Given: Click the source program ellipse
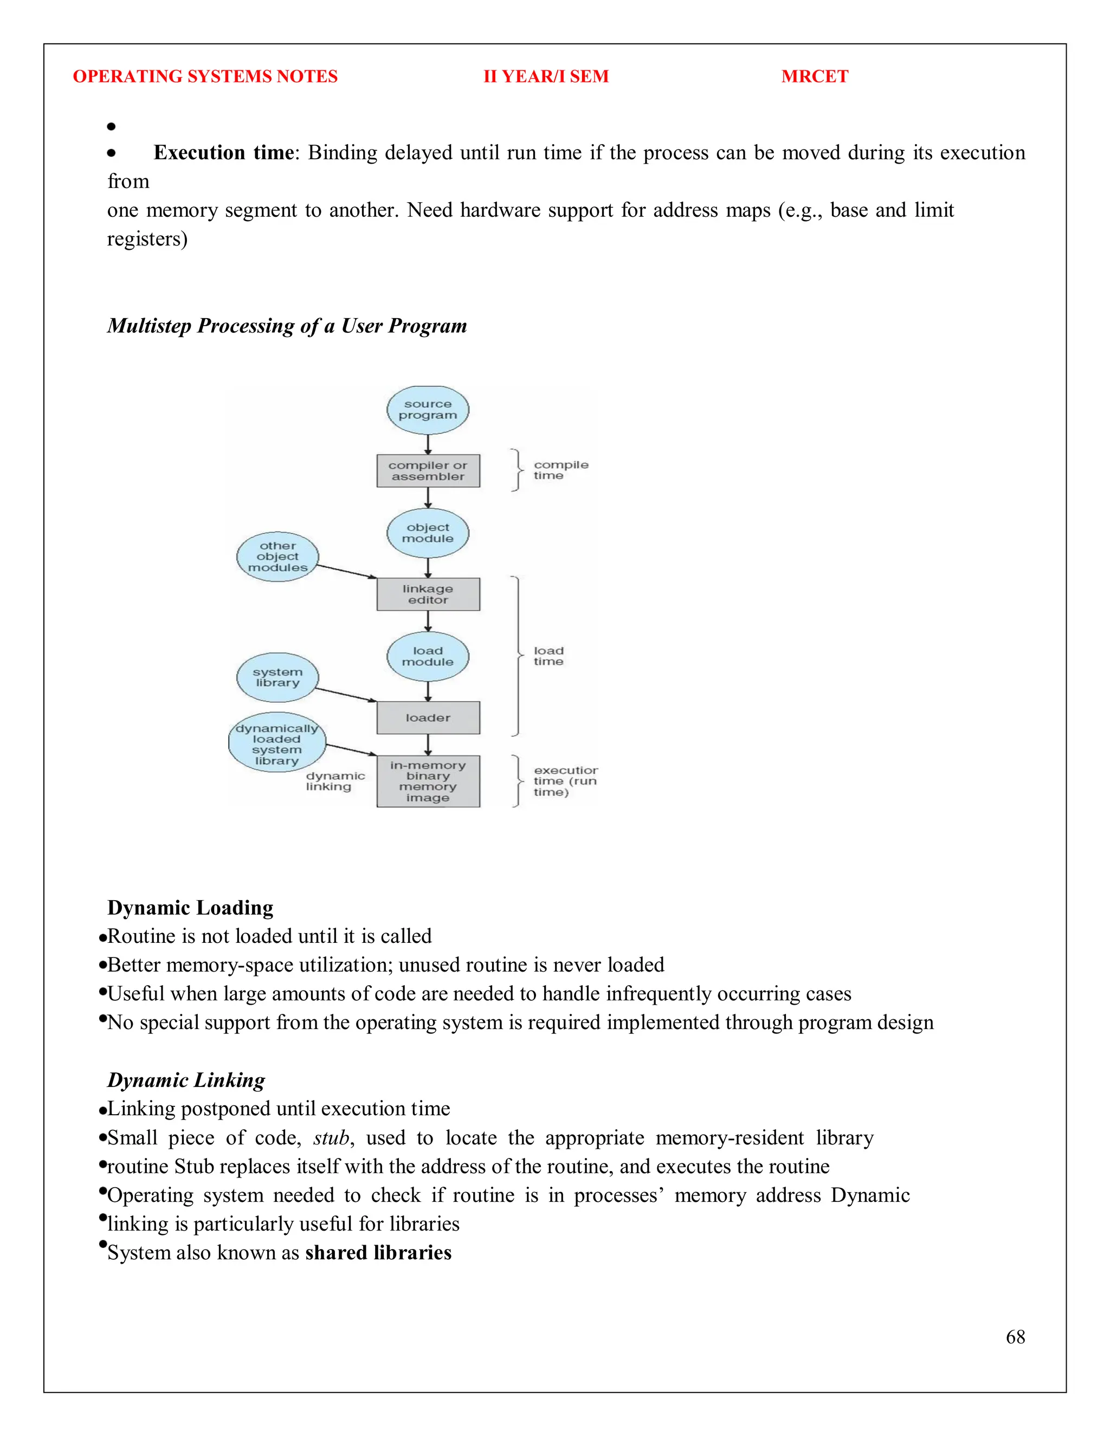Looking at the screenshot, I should point(428,410).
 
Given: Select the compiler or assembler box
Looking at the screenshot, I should point(428,471).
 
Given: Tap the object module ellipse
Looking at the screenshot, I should point(428,533).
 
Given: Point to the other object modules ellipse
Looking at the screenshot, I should point(277,557).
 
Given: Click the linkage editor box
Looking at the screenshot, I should point(428,594).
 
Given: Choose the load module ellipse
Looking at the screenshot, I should point(428,656).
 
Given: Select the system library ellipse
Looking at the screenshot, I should point(277,677).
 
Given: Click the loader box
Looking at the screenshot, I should point(428,718).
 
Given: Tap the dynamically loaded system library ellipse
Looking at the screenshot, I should point(277,742).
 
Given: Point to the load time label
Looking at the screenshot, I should point(548,656).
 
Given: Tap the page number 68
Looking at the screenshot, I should point(1015,1337).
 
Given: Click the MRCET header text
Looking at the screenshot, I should point(814,76).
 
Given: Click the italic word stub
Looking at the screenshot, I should point(331,1137).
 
